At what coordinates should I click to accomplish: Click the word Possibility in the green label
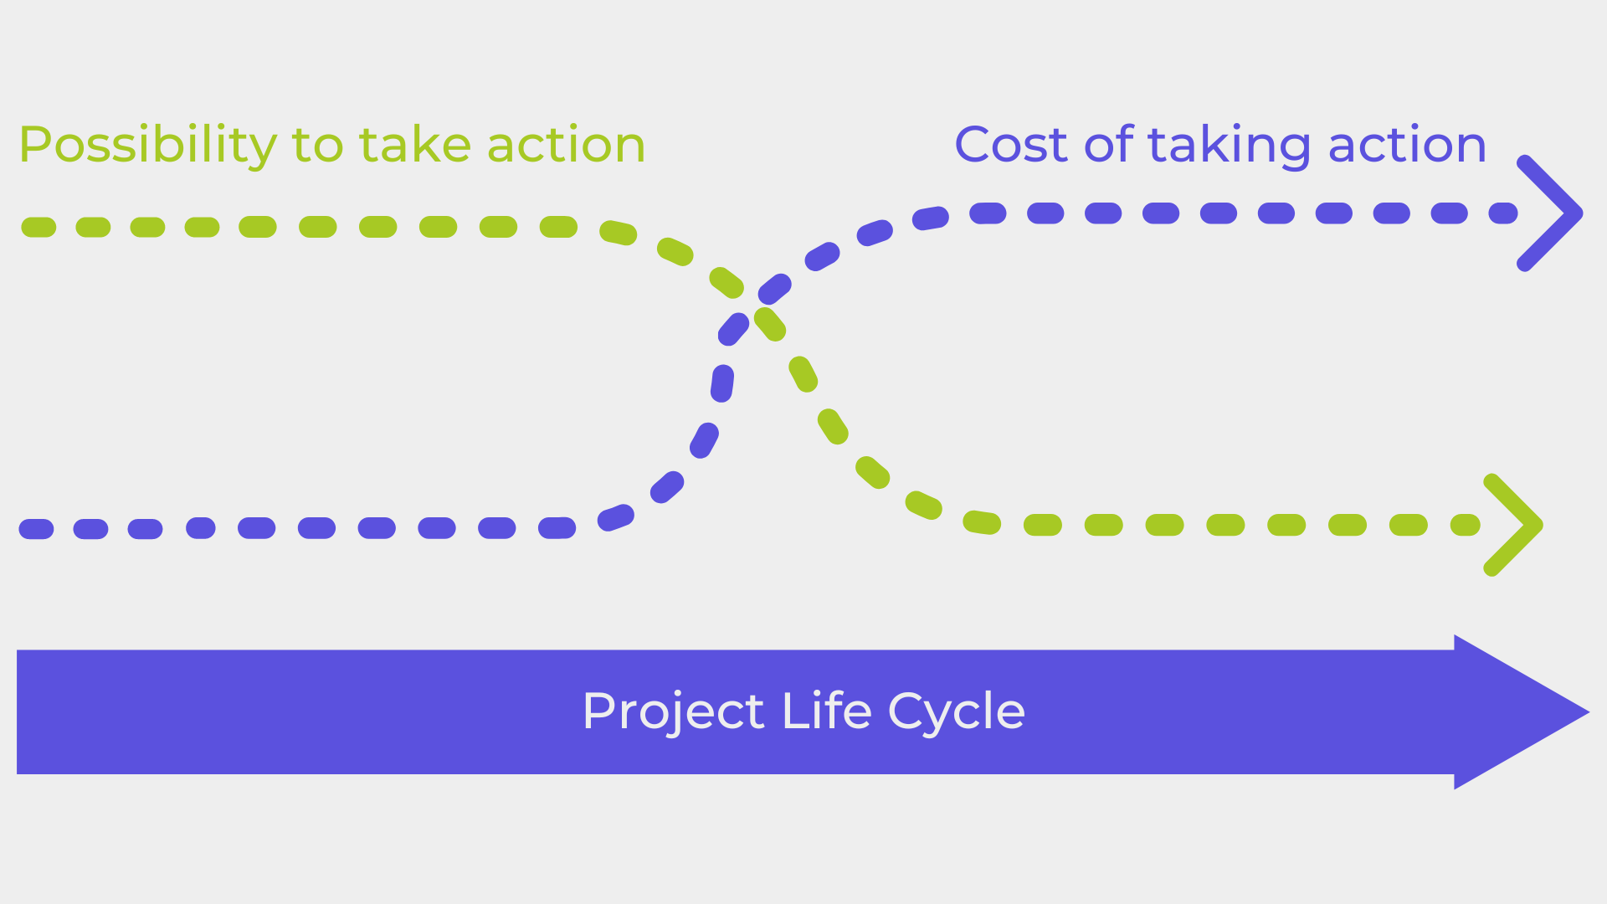click(147, 146)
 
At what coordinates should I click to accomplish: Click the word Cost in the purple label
click(1011, 144)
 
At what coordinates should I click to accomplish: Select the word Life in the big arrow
click(826, 711)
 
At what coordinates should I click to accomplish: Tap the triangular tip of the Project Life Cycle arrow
click(1589, 712)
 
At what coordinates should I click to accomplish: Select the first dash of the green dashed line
click(39, 227)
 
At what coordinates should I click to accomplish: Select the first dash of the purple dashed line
click(36, 529)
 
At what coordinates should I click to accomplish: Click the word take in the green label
click(415, 144)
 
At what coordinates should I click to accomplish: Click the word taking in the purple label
click(1229, 146)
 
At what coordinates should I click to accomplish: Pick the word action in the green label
click(567, 144)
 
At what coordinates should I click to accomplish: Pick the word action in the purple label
click(1408, 144)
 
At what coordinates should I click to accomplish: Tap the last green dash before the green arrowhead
click(1466, 525)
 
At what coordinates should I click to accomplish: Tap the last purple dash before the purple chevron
click(1503, 213)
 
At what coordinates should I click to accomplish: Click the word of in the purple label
click(1109, 144)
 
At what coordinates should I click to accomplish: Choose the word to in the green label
click(318, 146)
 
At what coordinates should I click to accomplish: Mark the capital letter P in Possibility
click(35, 144)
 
